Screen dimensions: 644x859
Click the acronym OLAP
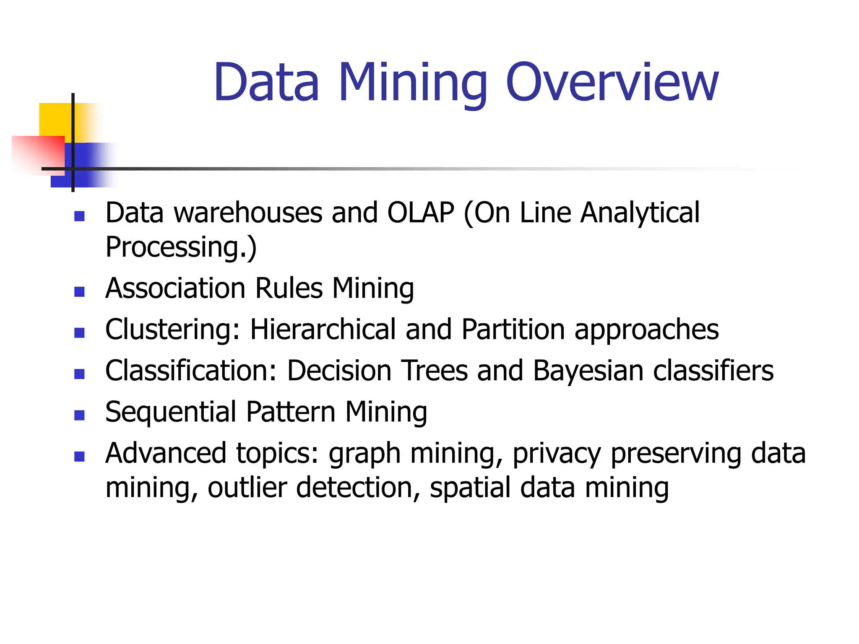click(420, 213)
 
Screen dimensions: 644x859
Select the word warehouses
click(248, 213)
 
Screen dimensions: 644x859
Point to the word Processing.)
click(181, 247)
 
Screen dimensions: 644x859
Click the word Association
click(175, 288)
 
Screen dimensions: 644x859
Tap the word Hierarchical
click(323, 330)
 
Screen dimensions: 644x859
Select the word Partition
click(513, 330)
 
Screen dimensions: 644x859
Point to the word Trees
click(435, 371)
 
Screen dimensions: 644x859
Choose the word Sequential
click(171, 412)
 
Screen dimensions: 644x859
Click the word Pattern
click(291, 412)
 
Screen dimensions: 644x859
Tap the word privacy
click(557, 454)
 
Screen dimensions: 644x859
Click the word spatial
click(470, 488)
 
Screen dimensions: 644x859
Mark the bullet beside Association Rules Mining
click(79, 291)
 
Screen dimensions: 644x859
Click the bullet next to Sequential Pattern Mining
click(79, 415)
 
